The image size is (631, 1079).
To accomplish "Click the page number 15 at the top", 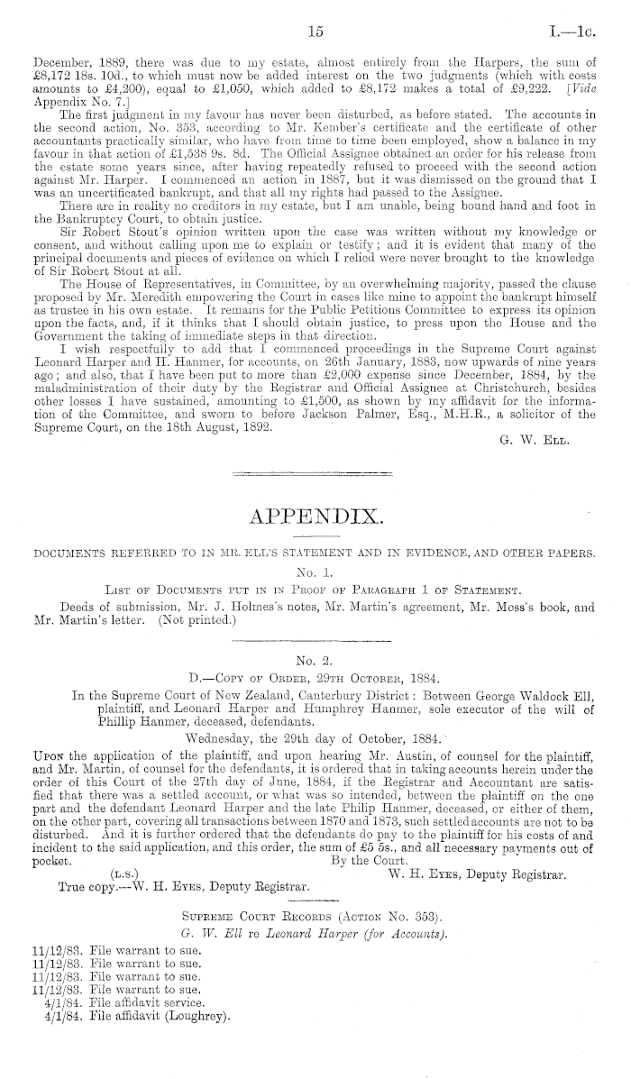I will tap(315, 32).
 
